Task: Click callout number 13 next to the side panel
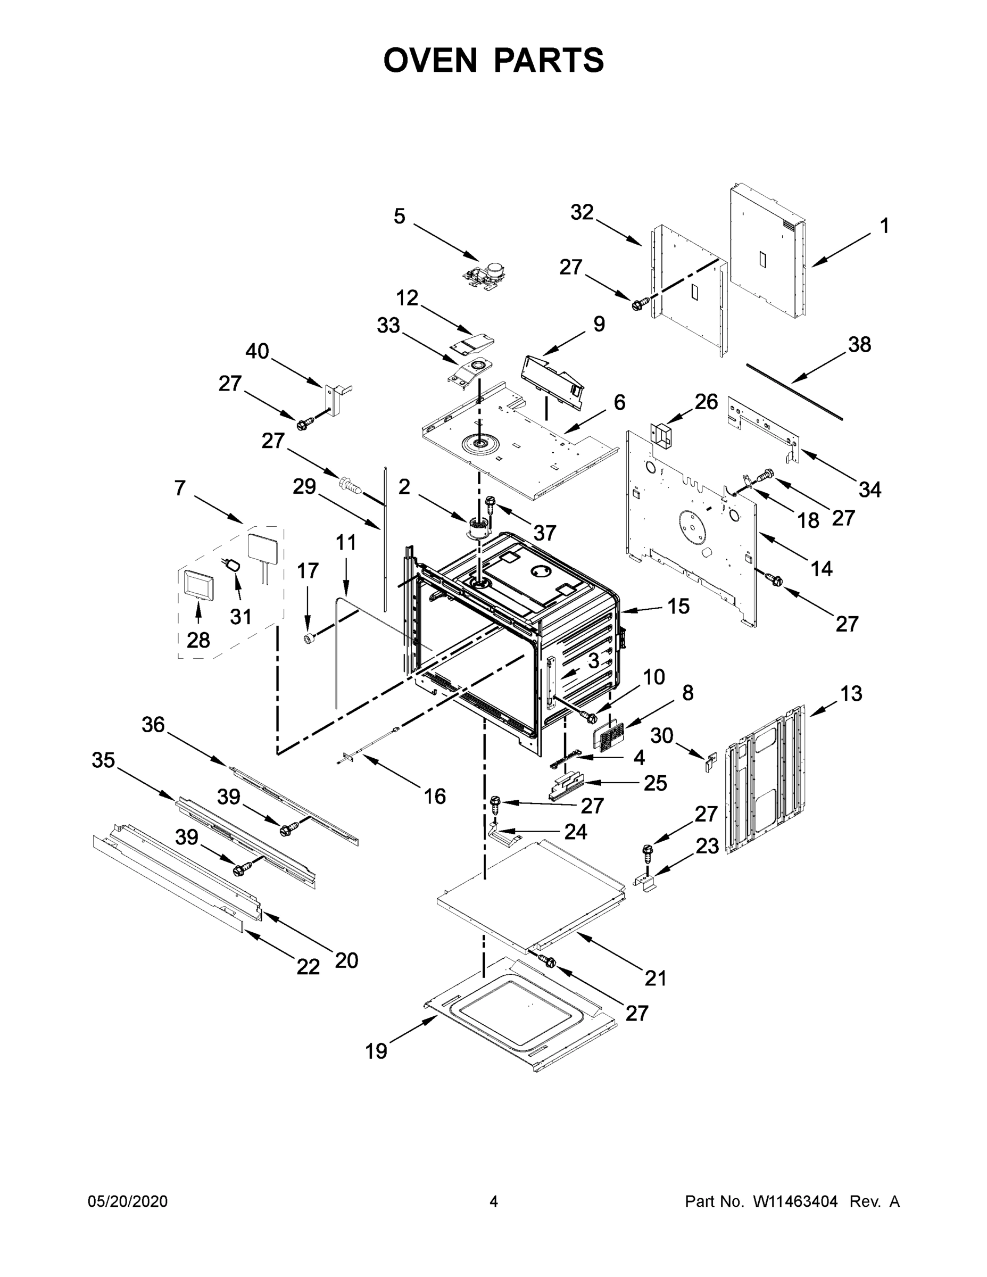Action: (x=851, y=693)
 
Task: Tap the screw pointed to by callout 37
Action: (x=490, y=503)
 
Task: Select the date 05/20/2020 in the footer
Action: (x=128, y=1201)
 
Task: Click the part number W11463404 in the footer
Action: (x=795, y=1201)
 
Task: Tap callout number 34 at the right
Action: (x=869, y=489)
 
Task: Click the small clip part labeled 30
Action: (x=710, y=762)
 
